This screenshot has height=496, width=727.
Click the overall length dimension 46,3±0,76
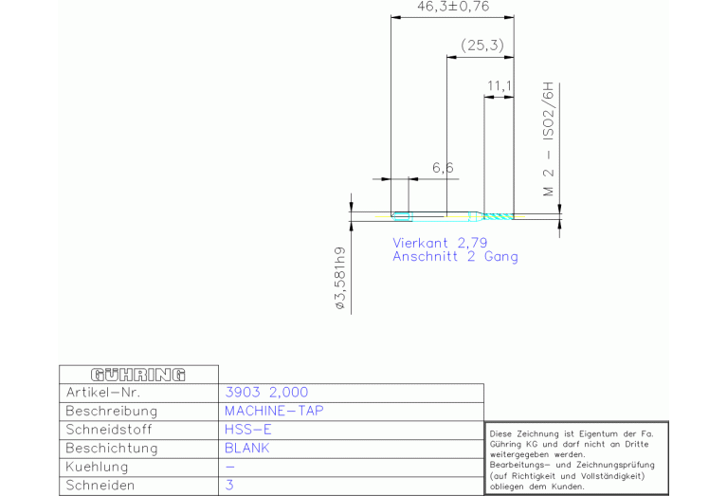click(453, 7)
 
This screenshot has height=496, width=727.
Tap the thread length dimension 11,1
click(500, 86)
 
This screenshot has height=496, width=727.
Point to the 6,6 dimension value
click(443, 168)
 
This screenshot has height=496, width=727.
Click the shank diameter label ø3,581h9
click(340, 279)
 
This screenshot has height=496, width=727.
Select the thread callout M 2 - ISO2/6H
click(549, 139)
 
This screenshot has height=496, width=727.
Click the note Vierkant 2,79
click(440, 243)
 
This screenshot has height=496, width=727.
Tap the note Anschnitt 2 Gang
click(455, 257)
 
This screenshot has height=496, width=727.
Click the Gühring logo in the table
click(138, 375)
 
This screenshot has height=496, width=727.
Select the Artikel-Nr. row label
click(103, 393)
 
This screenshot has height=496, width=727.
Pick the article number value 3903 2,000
click(266, 393)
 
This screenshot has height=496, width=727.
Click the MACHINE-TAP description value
click(274, 411)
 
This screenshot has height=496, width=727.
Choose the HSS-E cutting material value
click(248, 430)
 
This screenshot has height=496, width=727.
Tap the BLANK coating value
click(247, 449)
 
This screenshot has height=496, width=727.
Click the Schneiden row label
click(100, 486)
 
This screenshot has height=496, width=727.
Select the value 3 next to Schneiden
click(229, 486)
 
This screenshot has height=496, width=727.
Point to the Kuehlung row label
click(97, 467)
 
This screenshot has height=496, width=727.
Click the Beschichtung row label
click(112, 449)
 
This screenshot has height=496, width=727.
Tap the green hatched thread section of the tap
click(499, 216)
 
